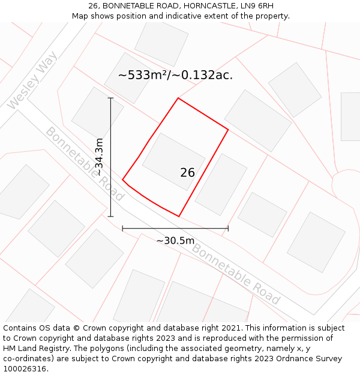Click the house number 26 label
(187, 173)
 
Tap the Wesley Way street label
(32, 80)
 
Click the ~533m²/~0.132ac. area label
(175, 75)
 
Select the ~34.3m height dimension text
(99, 157)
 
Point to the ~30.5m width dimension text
(175, 241)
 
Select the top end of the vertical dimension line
(110, 98)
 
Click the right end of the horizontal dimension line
(228, 228)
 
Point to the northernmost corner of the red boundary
(178, 98)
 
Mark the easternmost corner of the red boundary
(228, 129)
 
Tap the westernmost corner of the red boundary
(122, 179)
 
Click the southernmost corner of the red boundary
(179, 216)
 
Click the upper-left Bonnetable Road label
(85, 163)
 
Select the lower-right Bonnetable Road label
(236, 274)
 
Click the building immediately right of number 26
(221, 184)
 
